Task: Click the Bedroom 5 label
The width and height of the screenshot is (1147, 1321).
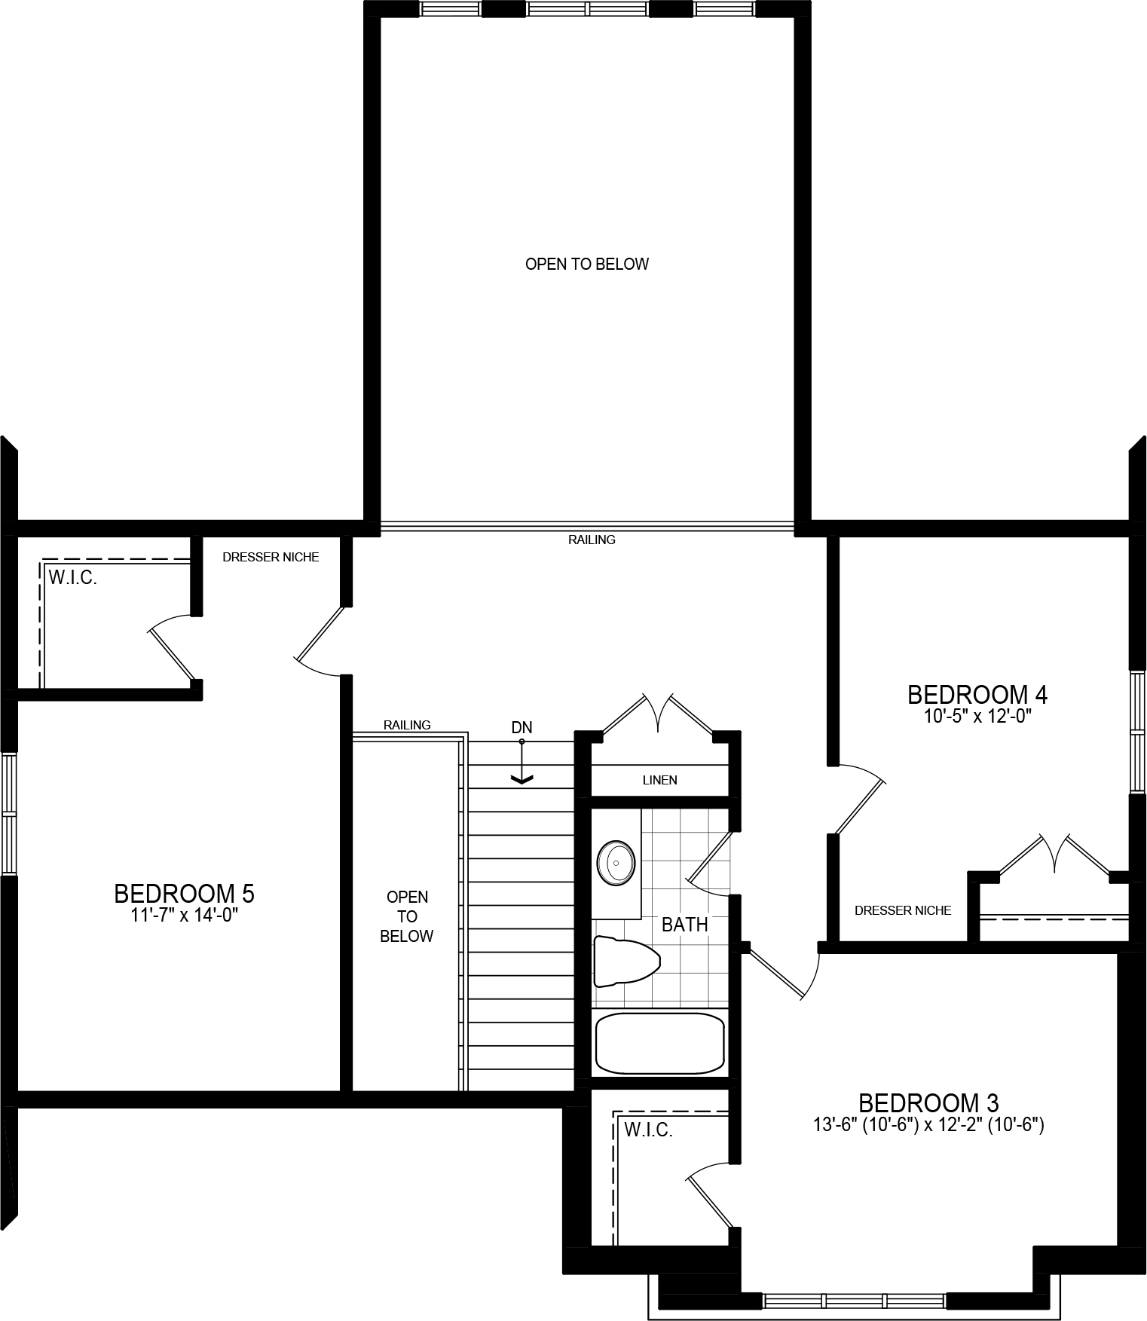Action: click(184, 894)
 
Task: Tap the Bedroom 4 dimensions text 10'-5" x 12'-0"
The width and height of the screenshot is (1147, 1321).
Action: click(977, 716)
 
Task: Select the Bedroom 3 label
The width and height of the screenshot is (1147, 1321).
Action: click(928, 1103)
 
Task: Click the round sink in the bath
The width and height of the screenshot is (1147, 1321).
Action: click(616, 862)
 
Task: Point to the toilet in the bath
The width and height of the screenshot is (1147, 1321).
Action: click(625, 961)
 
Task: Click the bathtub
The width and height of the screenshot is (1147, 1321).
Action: click(659, 1043)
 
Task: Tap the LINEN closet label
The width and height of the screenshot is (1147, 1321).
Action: click(659, 780)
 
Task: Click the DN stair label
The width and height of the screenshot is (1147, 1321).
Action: click(522, 727)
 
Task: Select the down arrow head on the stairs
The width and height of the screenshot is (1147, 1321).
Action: click(522, 779)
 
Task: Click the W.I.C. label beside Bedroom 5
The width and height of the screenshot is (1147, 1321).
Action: click(73, 579)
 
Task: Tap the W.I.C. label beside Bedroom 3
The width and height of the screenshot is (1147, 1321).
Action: click(648, 1130)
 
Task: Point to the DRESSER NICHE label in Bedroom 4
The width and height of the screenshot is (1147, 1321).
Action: click(902, 910)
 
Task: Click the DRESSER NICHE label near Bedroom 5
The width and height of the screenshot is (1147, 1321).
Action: click(271, 557)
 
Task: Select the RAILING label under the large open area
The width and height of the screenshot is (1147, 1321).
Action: click(592, 540)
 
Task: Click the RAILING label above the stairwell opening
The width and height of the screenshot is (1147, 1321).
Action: click(407, 725)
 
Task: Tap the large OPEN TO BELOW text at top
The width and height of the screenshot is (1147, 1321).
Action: click(586, 264)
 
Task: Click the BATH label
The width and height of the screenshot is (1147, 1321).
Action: click(684, 924)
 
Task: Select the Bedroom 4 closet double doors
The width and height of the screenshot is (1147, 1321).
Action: click(1054, 855)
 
